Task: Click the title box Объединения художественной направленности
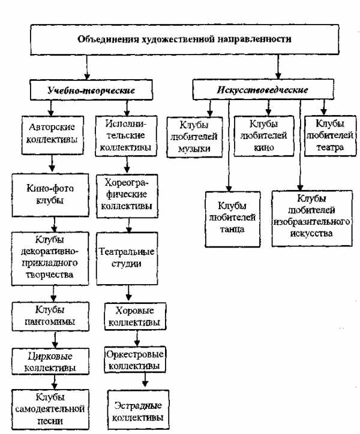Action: (185, 40)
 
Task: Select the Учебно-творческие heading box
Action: (91, 91)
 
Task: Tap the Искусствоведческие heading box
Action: (258, 91)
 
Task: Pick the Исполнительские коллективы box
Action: (126, 135)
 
